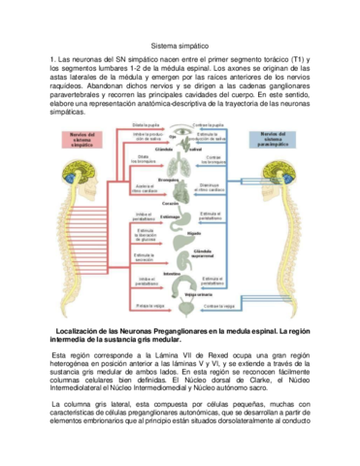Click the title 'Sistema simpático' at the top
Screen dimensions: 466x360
pos(180,45)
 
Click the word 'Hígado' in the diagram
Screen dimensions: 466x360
pos(194,233)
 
